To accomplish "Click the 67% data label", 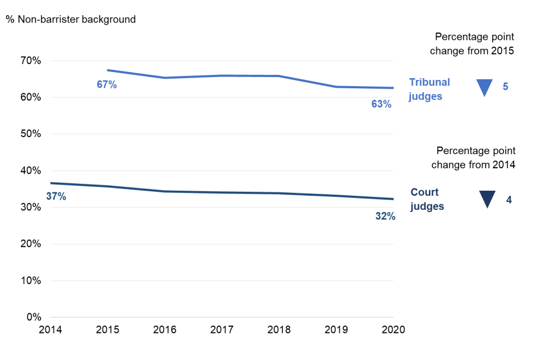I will pos(106,85).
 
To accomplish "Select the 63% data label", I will pos(381,103).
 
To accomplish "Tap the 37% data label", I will pos(56,196).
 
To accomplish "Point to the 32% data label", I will pos(385,215).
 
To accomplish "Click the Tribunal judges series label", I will pos(429,89).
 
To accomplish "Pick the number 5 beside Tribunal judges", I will pos(505,87).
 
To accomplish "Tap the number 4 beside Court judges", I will pos(508,199).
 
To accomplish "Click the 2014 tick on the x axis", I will pos(51,330).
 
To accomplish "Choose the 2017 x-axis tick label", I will pos(222,330).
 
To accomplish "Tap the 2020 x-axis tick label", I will pos(393,330).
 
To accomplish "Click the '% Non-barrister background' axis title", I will pos(70,20).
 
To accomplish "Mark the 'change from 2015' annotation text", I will pos(472,51).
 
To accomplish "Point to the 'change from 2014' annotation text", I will pos(474,164).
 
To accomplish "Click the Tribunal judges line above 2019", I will pos(336,87).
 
